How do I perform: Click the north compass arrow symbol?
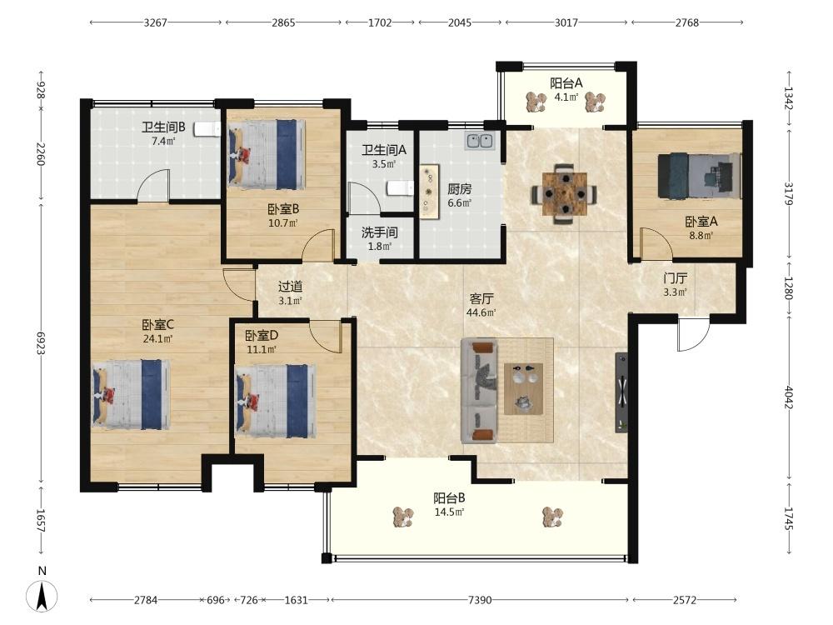coord(42,596)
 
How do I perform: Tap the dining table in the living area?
coord(564,194)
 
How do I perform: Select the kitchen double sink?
coord(481,142)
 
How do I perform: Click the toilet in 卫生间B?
coord(207,128)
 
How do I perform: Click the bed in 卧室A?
coord(699,176)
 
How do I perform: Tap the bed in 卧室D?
coord(275,401)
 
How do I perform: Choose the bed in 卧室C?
coord(132,394)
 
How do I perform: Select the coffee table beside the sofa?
coord(524,388)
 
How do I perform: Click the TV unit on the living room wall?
coord(621,392)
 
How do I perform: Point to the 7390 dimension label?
coord(480,600)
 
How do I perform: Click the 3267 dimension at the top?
coord(155,22)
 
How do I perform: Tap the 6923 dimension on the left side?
coord(41,343)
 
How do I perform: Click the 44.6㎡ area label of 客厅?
coord(481,312)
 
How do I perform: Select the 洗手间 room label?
coord(379,232)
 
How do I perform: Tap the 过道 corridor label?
coord(290,287)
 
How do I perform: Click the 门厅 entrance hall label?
coord(676,278)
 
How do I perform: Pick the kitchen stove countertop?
coord(429,192)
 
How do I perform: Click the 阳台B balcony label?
coord(450,498)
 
